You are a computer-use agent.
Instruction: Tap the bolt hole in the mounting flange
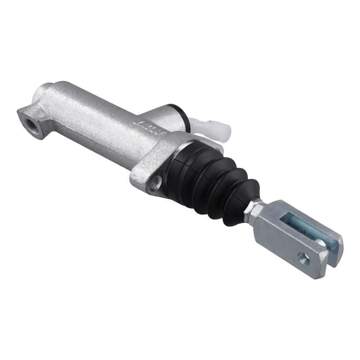(156, 181)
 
